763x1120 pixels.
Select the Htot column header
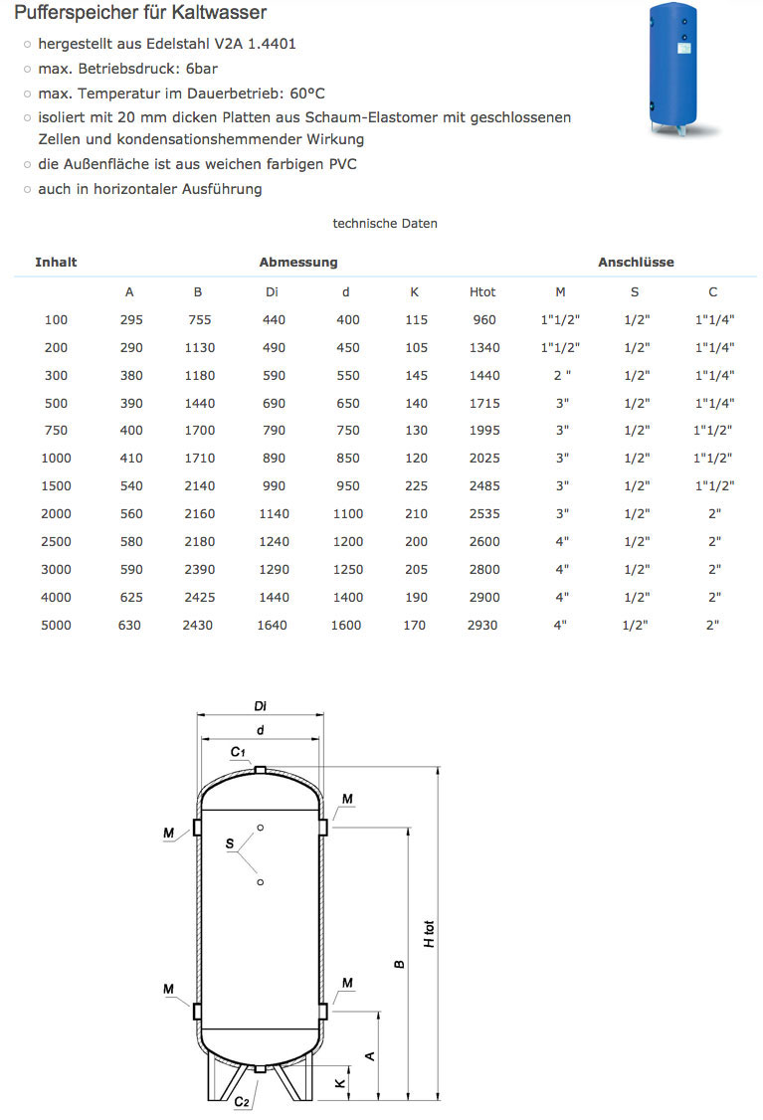(x=481, y=292)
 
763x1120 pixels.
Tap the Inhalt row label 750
(x=56, y=431)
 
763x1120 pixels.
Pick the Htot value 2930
(x=481, y=626)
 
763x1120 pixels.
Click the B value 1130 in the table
(x=198, y=348)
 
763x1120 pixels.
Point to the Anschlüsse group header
(x=636, y=263)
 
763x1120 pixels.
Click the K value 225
(x=417, y=486)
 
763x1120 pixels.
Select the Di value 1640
(x=271, y=626)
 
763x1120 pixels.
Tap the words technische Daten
(x=385, y=224)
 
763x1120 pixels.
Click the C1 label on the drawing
(x=238, y=752)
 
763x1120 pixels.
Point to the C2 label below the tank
(x=242, y=1102)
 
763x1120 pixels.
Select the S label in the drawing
(x=230, y=844)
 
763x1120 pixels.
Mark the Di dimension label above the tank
(x=260, y=707)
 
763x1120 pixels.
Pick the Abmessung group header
(x=298, y=263)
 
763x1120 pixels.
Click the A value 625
(x=129, y=598)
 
